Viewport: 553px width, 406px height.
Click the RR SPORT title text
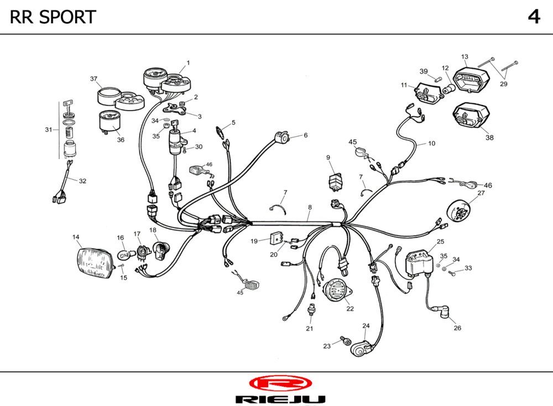pyautogui.click(x=53, y=17)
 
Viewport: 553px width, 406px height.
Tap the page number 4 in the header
pyautogui.click(x=534, y=17)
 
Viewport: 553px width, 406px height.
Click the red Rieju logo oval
pyautogui.click(x=280, y=383)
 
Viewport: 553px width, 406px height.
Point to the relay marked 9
pyautogui.click(x=335, y=180)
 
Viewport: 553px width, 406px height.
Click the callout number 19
pyautogui.click(x=254, y=241)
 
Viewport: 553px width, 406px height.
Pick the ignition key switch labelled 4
pyautogui.click(x=176, y=141)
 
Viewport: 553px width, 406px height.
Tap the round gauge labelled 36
pyautogui.click(x=110, y=121)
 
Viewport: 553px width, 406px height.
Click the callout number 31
pyautogui.click(x=49, y=130)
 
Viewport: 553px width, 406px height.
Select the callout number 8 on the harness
pyautogui.click(x=310, y=207)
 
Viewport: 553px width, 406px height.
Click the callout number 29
pyautogui.click(x=503, y=84)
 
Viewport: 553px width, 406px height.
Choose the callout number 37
pyautogui.click(x=94, y=79)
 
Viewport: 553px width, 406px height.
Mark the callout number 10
pyautogui.click(x=431, y=143)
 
